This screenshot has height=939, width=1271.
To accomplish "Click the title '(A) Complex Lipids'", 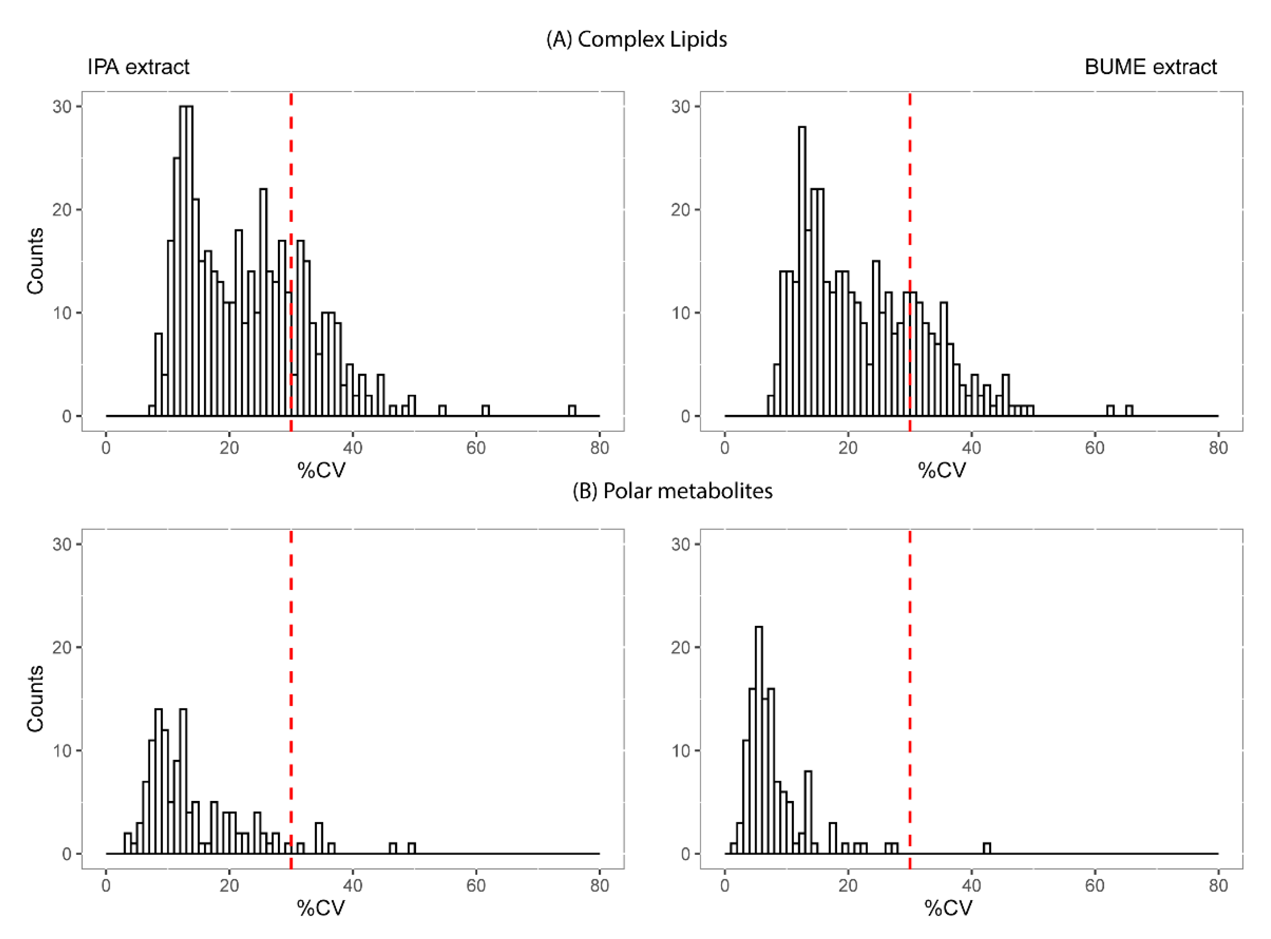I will [636, 39].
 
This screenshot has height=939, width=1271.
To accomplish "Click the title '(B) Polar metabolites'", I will [672, 490].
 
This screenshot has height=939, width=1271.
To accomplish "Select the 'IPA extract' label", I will [138, 67].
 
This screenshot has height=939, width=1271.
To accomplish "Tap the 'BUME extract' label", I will [1150, 67].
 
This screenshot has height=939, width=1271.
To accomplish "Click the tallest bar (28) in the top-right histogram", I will [802, 273].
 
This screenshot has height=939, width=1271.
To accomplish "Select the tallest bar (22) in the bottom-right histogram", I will [759, 739].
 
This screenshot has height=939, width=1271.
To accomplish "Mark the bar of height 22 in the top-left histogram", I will [263, 301].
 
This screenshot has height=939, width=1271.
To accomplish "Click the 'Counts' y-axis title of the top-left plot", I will [35, 261].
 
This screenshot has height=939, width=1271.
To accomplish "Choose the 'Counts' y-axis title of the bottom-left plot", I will [35, 698].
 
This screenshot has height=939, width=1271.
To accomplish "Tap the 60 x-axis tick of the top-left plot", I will [476, 448].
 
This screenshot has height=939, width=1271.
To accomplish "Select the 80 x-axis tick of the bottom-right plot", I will [1218, 886].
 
